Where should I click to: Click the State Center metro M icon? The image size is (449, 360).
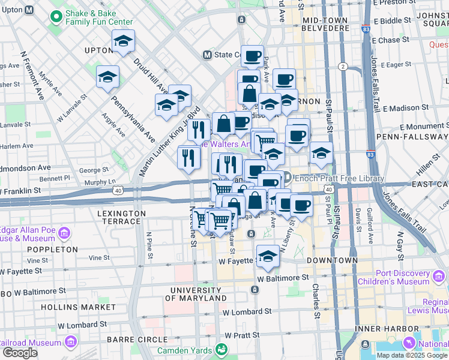207,55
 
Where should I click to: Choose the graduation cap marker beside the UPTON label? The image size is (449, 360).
123,41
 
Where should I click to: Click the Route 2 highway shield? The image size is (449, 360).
343,66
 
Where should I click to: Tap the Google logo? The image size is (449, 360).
20,353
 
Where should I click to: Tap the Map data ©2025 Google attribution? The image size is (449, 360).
412,355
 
